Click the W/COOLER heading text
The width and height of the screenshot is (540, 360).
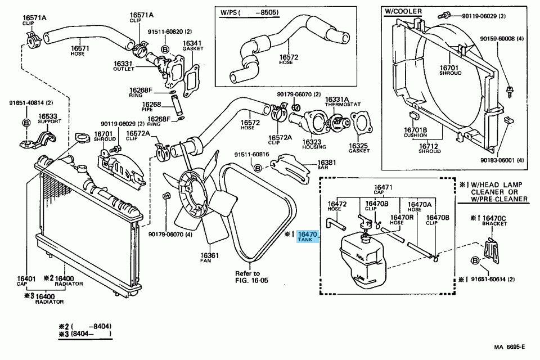tap(403, 11)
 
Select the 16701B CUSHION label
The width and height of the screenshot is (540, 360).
tap(416, 132)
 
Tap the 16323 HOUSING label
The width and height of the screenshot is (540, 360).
tap(313, 144)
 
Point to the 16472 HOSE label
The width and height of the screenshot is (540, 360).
tap(336, 206)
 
